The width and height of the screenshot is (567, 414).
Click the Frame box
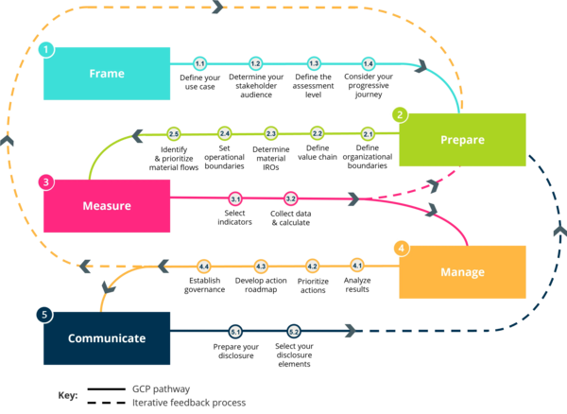click(x=107, y=74)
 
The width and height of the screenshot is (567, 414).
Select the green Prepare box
click(x=462, y=140)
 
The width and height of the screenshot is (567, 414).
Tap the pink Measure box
click(x=107, y=205)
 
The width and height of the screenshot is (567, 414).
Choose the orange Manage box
click(x=462, y=272)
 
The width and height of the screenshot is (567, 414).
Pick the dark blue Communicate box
click(x=107, y=337)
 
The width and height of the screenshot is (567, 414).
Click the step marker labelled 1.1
click(x=199, y=63)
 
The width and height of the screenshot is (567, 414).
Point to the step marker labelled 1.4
click(x=369, y=63)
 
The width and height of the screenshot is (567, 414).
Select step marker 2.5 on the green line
click(x=174, y=134)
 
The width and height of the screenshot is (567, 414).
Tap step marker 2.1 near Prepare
click(x=369, y=134)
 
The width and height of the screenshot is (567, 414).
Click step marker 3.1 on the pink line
click(x=235, y=198)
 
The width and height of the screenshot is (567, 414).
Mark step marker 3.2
click(x=291, y=198)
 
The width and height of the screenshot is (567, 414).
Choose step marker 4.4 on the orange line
click(x=203, y=267)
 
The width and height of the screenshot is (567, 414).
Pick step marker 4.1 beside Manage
click(x=357, y=266)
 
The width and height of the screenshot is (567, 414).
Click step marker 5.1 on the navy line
click(x=235, y=332)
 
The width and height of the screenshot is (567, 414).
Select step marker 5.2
click(x=294, y=332)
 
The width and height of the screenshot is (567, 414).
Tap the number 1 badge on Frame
click(x=44, y=48)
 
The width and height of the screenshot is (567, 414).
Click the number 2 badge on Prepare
click(x=400, y=114)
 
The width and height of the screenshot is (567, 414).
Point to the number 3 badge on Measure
click(x=44, y=181)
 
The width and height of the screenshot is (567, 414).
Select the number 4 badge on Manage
click(x=401, y=248)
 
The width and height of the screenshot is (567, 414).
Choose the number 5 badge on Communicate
click(x=44, y=313)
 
